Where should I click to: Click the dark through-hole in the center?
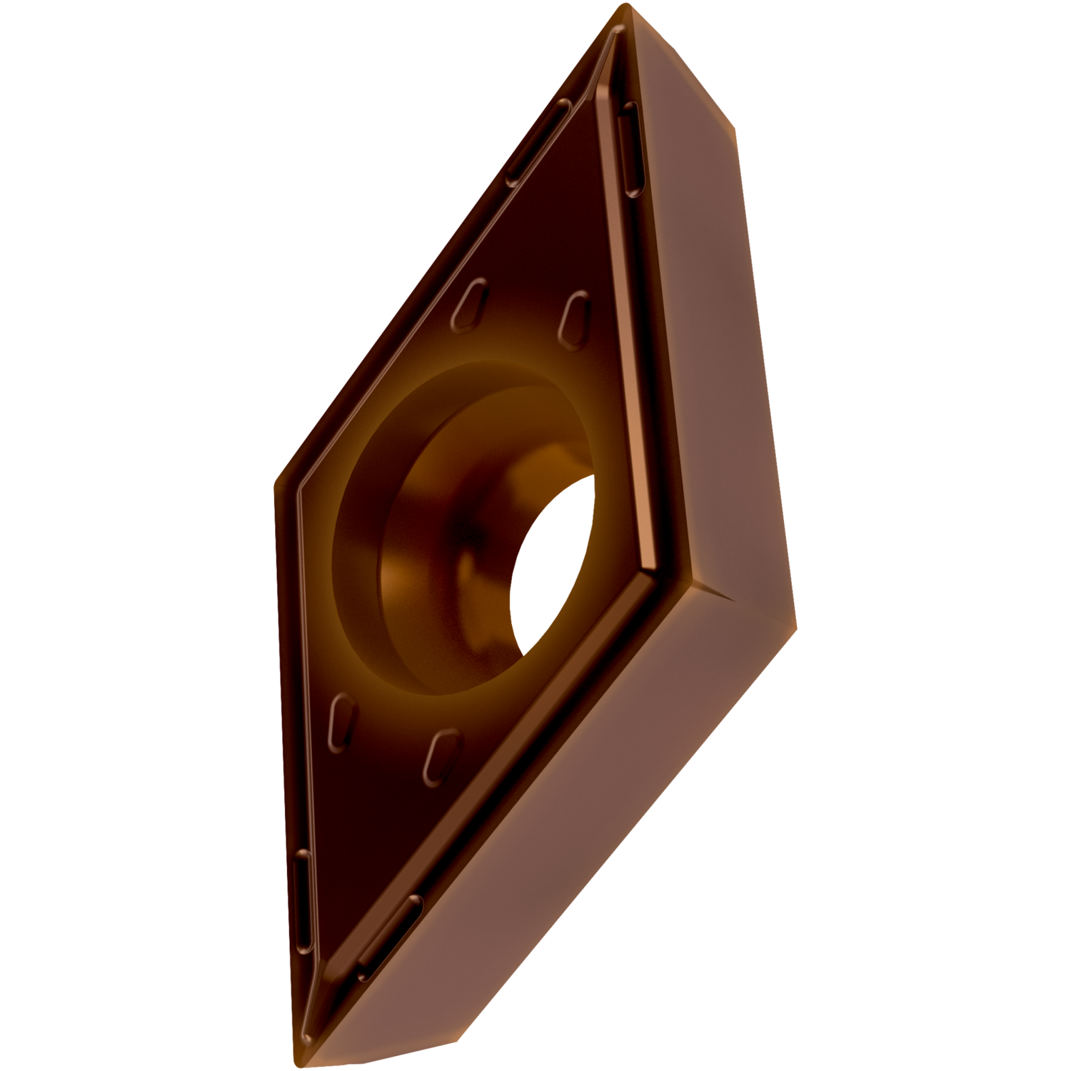[x=553, y=564]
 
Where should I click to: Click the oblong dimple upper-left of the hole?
[x=470, y=305]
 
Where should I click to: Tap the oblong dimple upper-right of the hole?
[x=575, y=320]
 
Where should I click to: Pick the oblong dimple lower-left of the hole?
[x=342, y=721]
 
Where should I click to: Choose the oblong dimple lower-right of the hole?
[x=442, y=757]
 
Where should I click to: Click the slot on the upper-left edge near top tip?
[x=539, y=143]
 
